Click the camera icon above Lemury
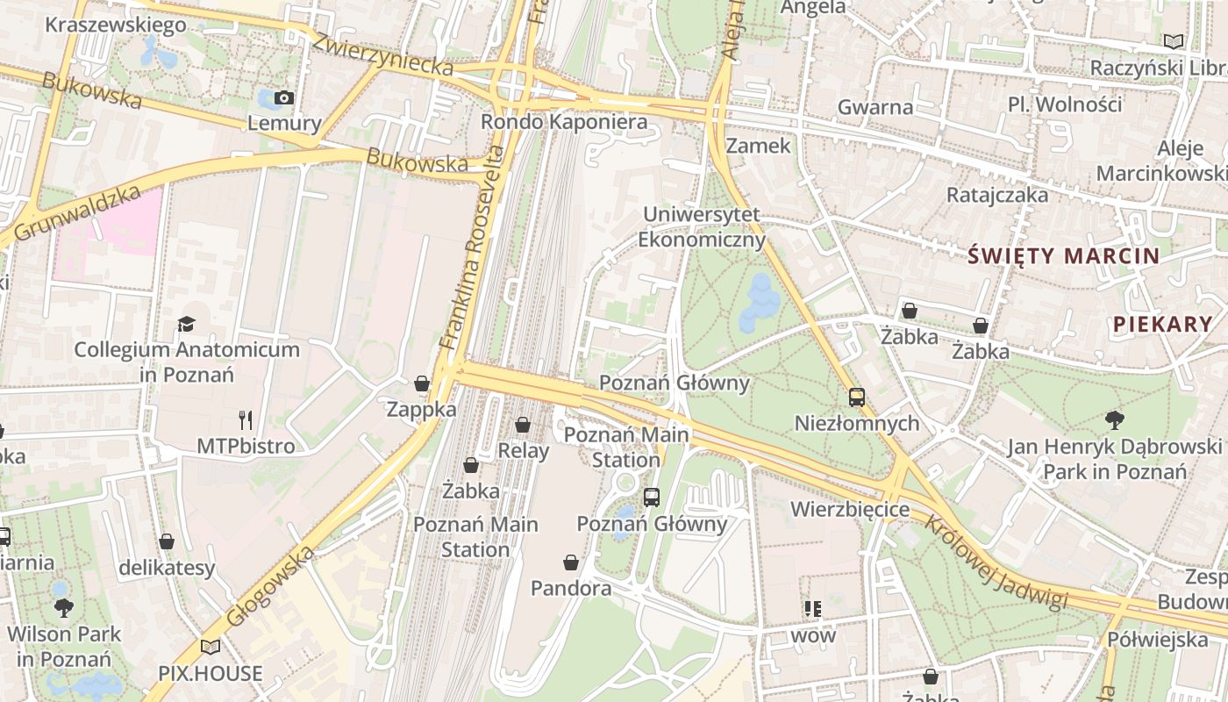click(x=284, y=98)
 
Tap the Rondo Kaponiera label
click(x=564, y=122)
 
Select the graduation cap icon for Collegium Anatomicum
click(x=186, y=325)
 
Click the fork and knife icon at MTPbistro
click(x=246, y=420)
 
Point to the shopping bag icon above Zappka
click(x=422, y=383)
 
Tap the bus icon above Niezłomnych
click(x=857, y=398)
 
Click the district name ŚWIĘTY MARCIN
click(x=1063, y=256)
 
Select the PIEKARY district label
click(x=1163, y=324)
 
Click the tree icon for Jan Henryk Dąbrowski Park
click(x=1114, y=420)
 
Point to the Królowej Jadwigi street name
click(x=996, y=562)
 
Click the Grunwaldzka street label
click(x=77, y=213)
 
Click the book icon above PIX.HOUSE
click(x=211, y=648)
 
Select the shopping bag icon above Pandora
click(x=571, y=562)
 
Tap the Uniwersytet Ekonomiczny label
click(x=701, y=227)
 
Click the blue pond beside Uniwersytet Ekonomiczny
click(x=759, y=304)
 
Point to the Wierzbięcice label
click(x=850, y=509)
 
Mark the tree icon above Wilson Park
click(x=63, y=606)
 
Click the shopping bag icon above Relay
click(x=523, y=425)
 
